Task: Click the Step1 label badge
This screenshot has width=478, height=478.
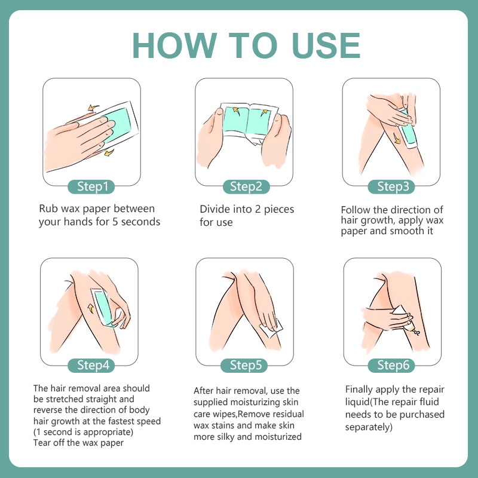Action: [91, 186]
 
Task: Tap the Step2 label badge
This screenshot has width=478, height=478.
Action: [246, 186]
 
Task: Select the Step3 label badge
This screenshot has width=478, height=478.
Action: [391, 186]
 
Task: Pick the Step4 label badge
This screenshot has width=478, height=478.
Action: [91, 365]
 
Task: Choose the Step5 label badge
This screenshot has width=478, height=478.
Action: [244, 365]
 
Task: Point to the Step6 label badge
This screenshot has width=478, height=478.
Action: [391, 365]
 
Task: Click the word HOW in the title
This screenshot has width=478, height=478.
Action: [174, 45]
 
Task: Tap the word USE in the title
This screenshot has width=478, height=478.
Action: [326, 45]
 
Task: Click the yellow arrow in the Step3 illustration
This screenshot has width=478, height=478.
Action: [397, 138]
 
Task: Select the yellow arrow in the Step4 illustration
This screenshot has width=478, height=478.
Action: [91, 308]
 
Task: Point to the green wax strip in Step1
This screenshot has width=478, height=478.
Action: [118, 124]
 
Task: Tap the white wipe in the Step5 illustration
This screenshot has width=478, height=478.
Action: [271, 327]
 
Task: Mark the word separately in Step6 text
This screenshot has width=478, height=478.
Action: [369, 427]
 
